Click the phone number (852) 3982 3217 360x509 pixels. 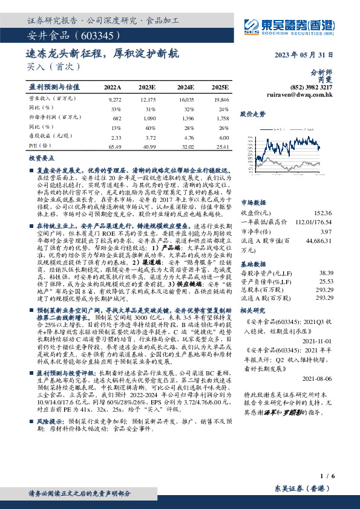[x=310, y=88]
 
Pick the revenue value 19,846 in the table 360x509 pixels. [x=221, y=98]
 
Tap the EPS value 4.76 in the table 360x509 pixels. [x=186, y=137]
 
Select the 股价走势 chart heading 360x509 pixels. [x=252, y=114]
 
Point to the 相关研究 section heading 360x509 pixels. [x=253, y=310]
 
